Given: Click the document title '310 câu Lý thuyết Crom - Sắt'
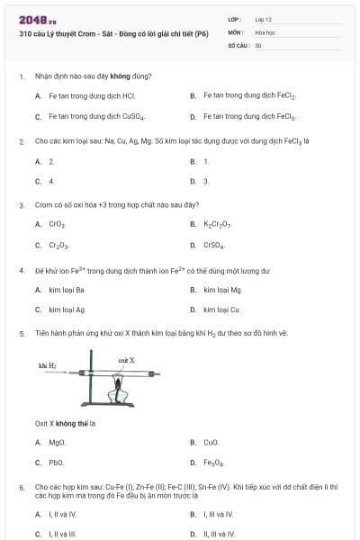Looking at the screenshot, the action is pos(113,32).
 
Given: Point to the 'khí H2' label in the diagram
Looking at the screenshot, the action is pos(49,366).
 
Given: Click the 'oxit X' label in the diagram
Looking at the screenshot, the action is pos(127,359).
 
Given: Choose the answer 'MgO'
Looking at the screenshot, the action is pos(57,443).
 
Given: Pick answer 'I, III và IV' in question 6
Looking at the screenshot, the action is pos(218,514).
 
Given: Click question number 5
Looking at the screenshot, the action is pos(22,333).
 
